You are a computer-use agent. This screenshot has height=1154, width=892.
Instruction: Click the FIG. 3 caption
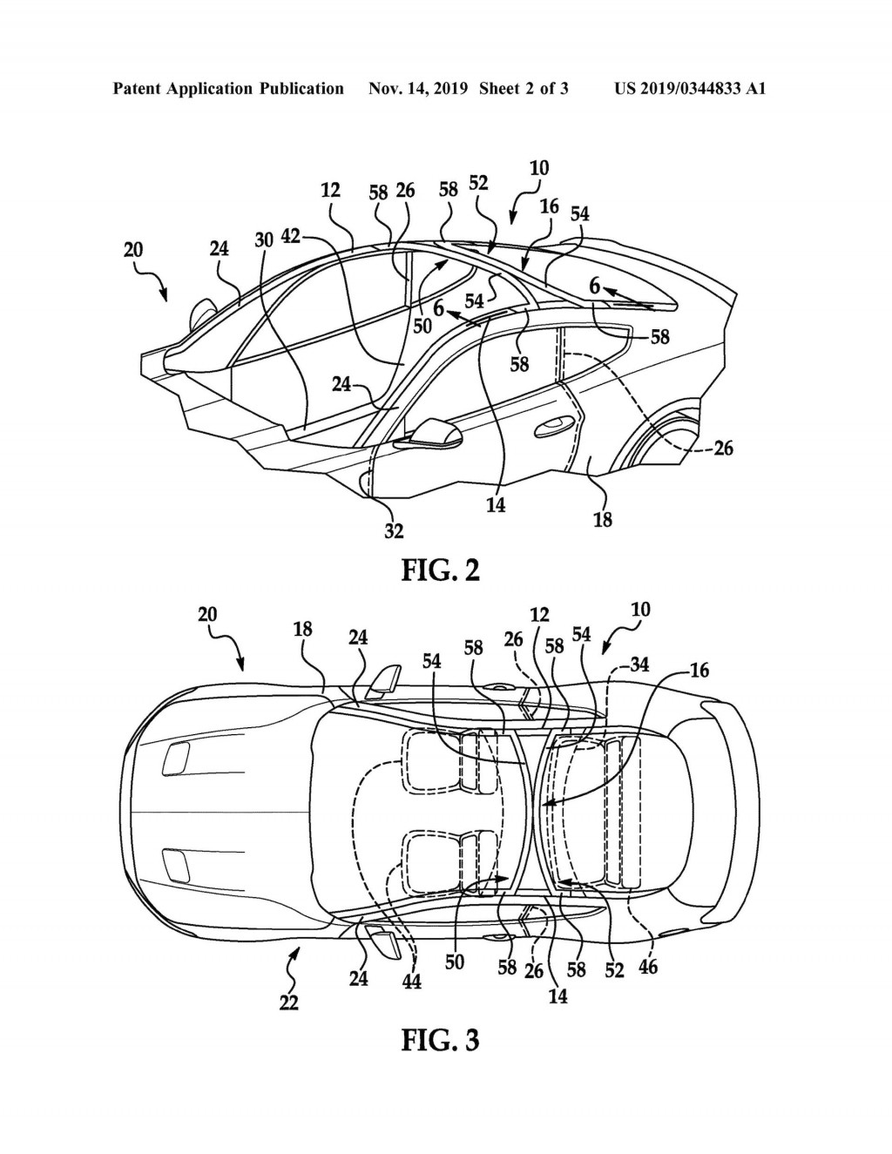click(440, 1040)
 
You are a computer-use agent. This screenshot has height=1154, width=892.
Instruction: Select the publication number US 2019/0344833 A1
click(690, 88)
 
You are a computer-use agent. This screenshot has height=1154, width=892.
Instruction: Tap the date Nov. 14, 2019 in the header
click(420, 88)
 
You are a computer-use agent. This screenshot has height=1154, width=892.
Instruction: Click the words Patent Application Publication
click(228, 88)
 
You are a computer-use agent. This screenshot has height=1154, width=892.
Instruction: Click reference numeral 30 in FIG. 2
click(264, 240)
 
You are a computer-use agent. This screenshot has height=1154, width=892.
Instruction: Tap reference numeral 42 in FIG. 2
click(291, 235)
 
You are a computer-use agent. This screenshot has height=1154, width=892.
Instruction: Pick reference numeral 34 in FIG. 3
click(638, 666)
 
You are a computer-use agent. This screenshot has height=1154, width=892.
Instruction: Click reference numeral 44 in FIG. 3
click(411, 981)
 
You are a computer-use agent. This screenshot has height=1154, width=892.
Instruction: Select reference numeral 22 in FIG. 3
click(288, 1002)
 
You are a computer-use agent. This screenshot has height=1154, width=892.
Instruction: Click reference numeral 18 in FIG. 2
click(602, 519)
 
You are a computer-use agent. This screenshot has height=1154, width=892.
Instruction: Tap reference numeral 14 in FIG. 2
click(495, 504)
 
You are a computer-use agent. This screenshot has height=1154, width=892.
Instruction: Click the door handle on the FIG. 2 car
click(551, 426)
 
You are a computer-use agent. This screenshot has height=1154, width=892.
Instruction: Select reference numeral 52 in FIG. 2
click(478, 183)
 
